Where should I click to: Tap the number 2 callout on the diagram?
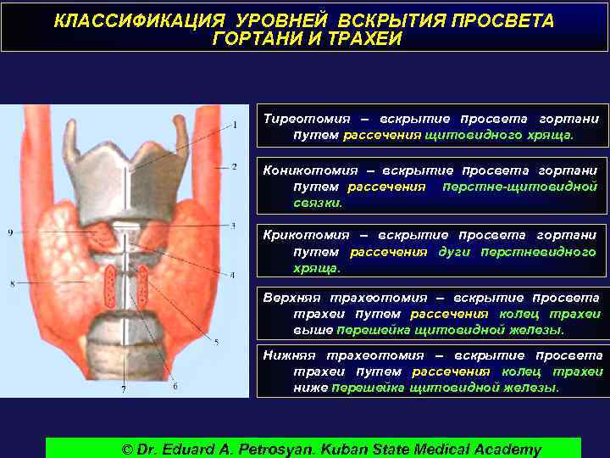[x=235, y=167]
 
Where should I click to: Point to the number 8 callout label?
[x=12, y=283]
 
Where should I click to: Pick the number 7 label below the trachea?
[x=175, y=387]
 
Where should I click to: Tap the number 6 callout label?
[x=124, y=390]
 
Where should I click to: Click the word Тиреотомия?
[x=300, y=119]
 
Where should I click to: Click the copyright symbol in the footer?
[x=129, y=449]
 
